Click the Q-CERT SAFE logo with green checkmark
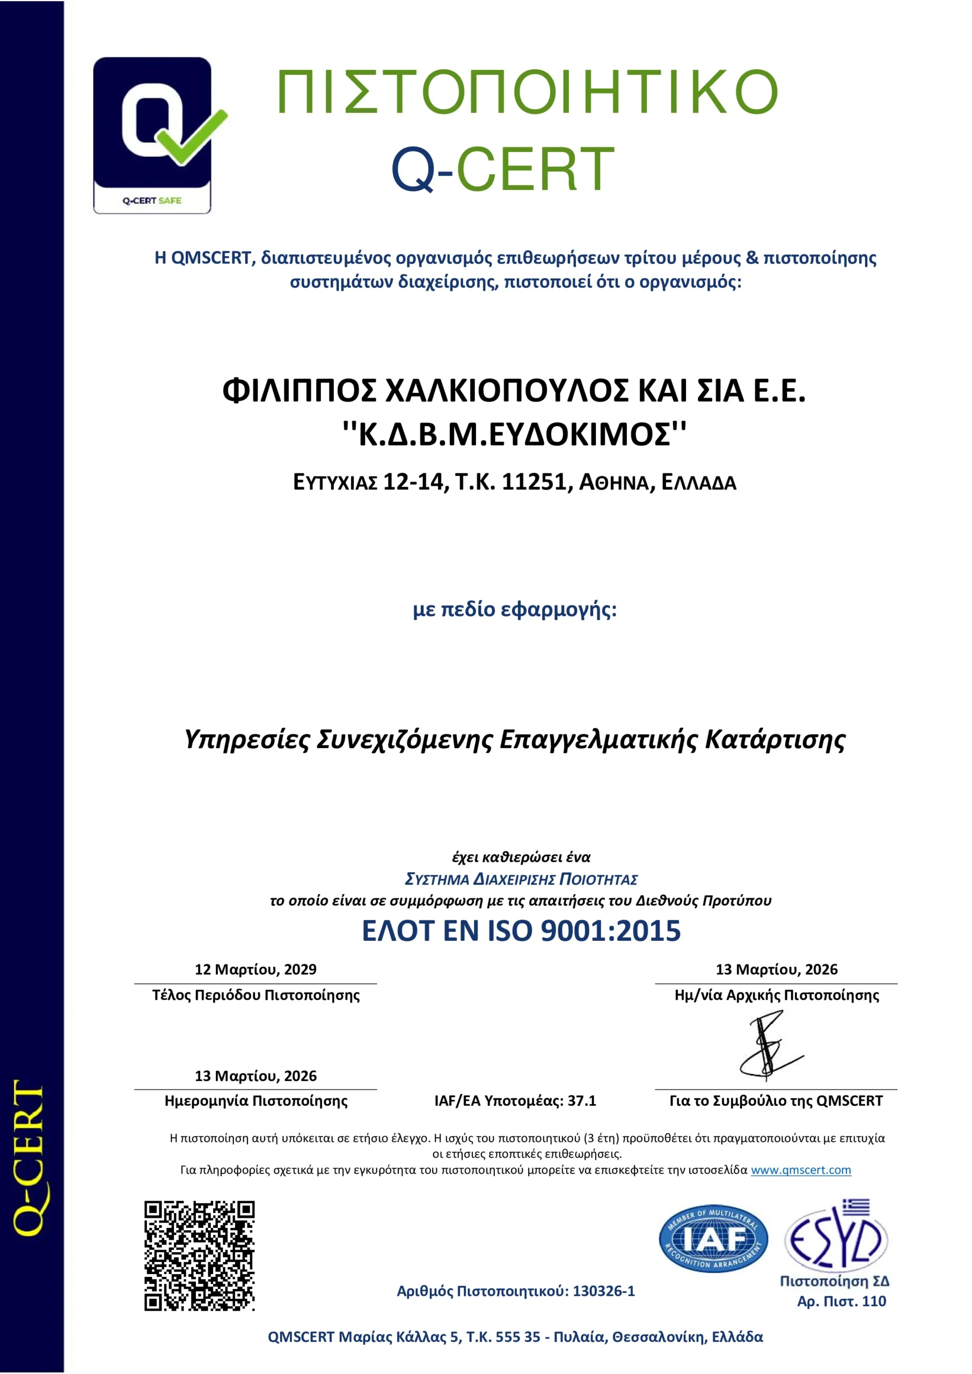tap(152, 135)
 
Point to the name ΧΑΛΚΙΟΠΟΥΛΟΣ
tap(506, 391)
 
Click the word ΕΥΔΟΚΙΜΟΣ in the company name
tap(579, 434)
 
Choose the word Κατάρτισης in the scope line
tap(775, 740)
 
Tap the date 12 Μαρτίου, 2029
tap(255, 969)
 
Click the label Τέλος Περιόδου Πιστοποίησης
tap(255, 995)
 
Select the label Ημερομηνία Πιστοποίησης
tap(255, 1101)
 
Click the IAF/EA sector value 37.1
tap(582, 1101)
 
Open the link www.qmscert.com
tap(800, 1170)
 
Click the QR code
tap(199, 1255)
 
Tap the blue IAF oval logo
tap(713, 1239)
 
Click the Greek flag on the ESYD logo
tap(856, 1207)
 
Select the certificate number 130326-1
tap(603, 1291)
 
